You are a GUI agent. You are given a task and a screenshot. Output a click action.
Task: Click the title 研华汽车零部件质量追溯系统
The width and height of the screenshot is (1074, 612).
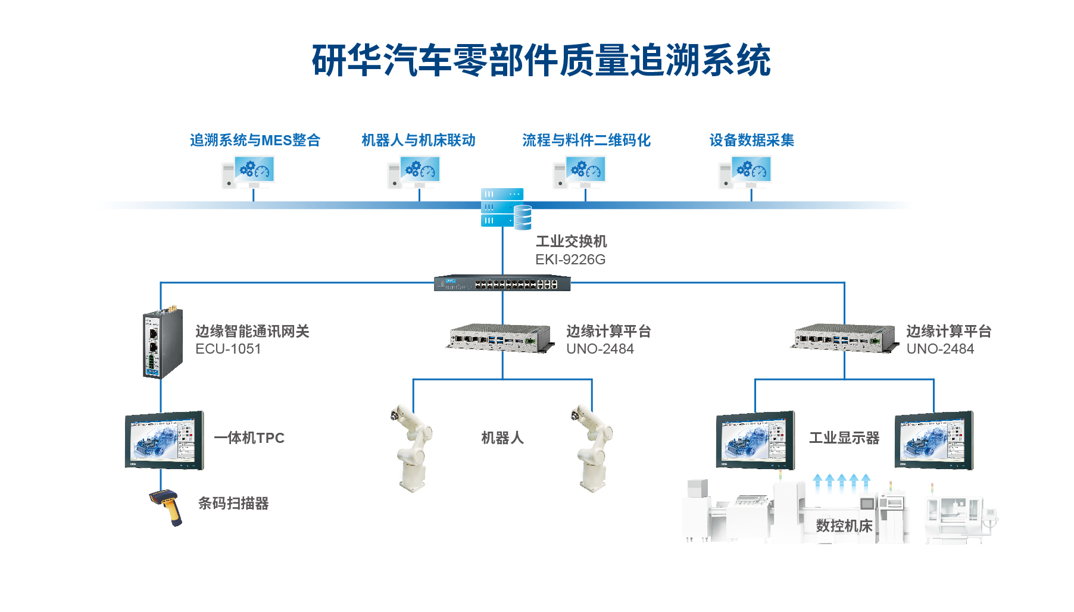(x=541, y=60)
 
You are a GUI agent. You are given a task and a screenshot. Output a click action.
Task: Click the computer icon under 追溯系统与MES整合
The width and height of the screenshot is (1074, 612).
(x=248, y=172)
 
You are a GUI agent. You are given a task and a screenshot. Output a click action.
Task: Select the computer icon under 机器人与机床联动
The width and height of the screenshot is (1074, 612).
(x=413, y=172)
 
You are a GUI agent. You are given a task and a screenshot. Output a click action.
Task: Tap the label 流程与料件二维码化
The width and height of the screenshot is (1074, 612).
(x=586, y=140)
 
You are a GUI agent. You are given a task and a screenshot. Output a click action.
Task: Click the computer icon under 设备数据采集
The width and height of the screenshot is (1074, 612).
(x=745, y=172)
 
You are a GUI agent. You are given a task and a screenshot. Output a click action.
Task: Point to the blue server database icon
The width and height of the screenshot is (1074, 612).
(x=505, y=208)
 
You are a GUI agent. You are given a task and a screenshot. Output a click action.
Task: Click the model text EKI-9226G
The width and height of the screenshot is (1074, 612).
(x=570, y=260)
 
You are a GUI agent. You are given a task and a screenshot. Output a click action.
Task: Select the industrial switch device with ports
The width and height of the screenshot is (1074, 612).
(x=502, y=283)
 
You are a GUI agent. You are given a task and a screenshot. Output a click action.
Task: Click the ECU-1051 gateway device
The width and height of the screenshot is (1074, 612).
(x=162, y=342)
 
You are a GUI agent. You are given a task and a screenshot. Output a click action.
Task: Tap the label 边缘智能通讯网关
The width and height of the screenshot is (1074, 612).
(x=252, y=331)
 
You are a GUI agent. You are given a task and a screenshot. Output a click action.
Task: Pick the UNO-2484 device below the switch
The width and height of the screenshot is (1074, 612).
(x=500, y=338)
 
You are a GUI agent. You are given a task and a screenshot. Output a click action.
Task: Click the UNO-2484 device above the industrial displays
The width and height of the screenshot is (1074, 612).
(x=844, y=338)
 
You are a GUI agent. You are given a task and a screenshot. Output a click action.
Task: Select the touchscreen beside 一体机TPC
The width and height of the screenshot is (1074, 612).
(x=164, y=441)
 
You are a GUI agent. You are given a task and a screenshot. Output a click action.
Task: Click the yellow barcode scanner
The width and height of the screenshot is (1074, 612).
(x=167, y=507)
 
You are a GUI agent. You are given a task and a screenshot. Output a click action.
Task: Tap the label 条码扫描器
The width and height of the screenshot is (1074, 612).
(x=233, y=504)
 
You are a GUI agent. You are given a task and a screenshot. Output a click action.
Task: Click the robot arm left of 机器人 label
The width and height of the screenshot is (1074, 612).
(x=411, y=448)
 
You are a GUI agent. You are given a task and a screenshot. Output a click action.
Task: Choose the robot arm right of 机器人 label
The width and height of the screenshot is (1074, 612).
(x=592, y=448)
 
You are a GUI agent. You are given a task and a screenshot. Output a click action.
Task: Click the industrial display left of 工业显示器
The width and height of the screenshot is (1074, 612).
(x=755, y=440)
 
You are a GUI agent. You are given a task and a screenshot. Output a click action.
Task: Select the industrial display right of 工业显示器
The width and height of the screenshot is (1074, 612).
(x=934, y=440)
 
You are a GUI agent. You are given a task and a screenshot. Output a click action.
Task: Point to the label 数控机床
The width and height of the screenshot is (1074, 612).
(x=844, y=526)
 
